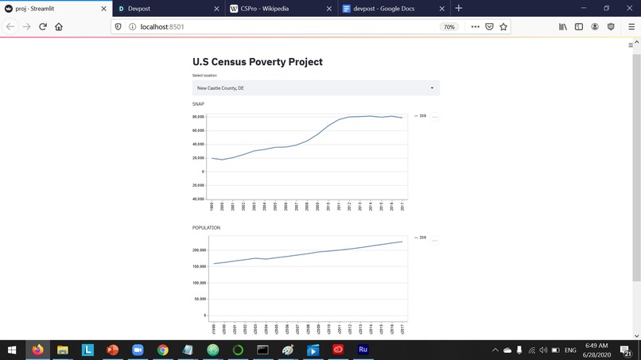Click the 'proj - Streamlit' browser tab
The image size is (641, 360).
[48, 8]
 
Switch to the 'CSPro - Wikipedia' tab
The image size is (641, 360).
[270, 8]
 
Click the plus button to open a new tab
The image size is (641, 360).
[458, 8]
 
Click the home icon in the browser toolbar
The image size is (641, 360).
[59, 26]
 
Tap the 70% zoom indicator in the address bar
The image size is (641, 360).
[449, 26]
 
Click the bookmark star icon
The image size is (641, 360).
[503, 26]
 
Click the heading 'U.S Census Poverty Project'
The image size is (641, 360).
[258, 62]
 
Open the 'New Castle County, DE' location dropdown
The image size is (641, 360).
[316, 88]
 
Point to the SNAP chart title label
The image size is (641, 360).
[198, 104]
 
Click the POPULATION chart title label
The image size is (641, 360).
[206, 228]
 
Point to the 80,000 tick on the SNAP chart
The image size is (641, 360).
[198, 117]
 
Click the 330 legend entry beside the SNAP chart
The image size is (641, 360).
[421, 116]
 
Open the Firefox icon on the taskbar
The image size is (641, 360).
[37, 350]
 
